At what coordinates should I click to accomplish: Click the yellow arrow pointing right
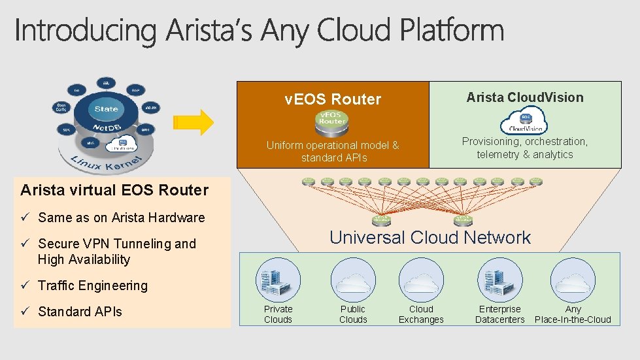(x=194, y=122)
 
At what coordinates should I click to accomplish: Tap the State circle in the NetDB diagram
(x=107, y=109)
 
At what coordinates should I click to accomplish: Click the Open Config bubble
(x=61, y=106)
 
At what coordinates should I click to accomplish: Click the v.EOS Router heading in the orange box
(x=333, y=99)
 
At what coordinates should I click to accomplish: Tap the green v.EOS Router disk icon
(x=332, y=121)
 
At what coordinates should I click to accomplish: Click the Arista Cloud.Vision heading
(x=525, y=97)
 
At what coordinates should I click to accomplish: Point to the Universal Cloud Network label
(x=430, y=237)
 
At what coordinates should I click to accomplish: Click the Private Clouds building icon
(x=278, y=280)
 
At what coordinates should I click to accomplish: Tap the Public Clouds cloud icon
(x=353, y=280)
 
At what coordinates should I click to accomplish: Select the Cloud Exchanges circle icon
(x=421, y=280)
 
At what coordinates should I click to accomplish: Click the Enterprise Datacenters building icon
(x=500, y=280)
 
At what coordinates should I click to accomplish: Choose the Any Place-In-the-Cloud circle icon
(x=573, y=280)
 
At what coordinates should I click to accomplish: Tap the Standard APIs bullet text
(x=80, y=312)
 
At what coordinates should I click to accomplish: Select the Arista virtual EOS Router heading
(x=114, y=190)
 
